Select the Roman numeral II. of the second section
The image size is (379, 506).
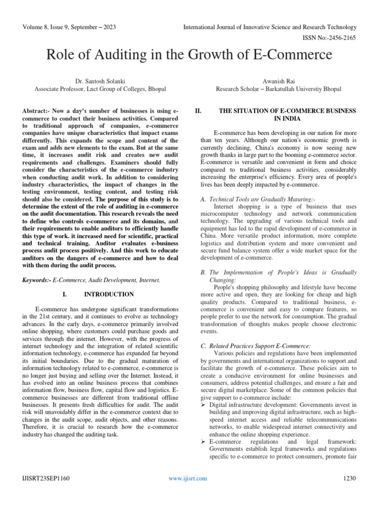(x=199, y=111)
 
